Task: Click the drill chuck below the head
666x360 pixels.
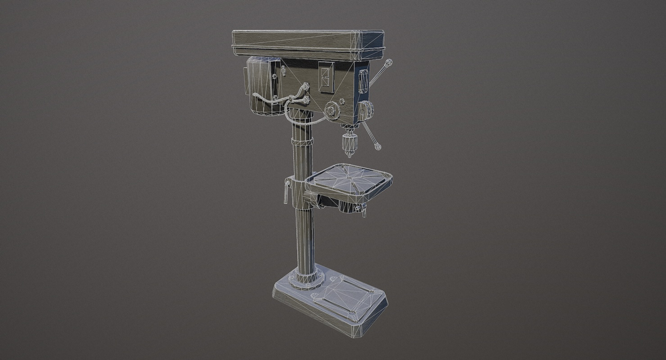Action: [348, 142]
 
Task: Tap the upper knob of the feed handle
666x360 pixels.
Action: [390, 62]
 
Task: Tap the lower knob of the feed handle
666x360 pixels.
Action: [378, 147]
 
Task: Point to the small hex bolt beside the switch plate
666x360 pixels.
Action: [341, 101]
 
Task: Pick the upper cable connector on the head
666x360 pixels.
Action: [306, 85]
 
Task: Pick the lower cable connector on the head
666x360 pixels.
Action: [306, 100]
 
